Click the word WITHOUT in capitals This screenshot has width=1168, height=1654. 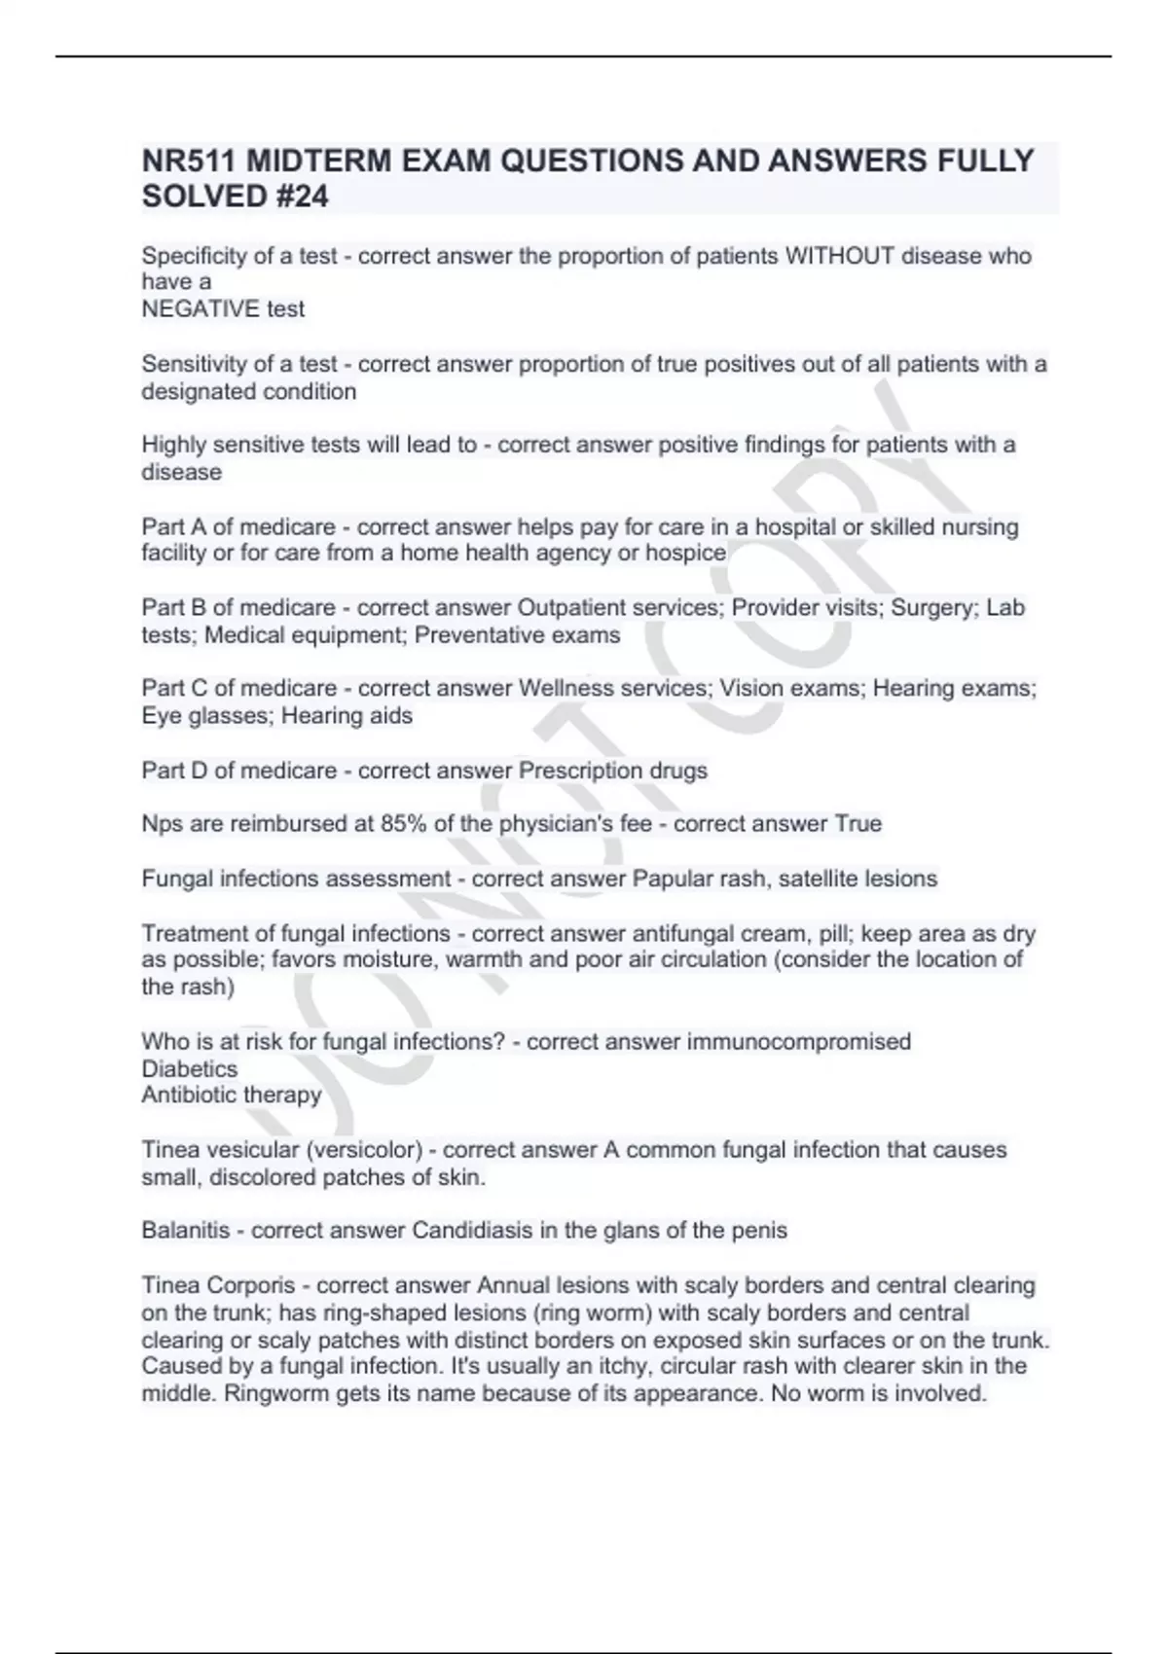pos(839,256)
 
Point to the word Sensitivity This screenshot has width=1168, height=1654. pos(192,365)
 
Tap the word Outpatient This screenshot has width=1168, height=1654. pos(571,608)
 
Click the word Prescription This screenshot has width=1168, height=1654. pos(578,771)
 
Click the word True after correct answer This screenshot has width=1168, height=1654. pos(858,824)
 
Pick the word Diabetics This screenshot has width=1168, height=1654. pos(189,1068)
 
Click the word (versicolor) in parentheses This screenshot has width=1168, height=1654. pos(364,1150)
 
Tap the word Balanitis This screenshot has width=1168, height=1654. pos(186,1231)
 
